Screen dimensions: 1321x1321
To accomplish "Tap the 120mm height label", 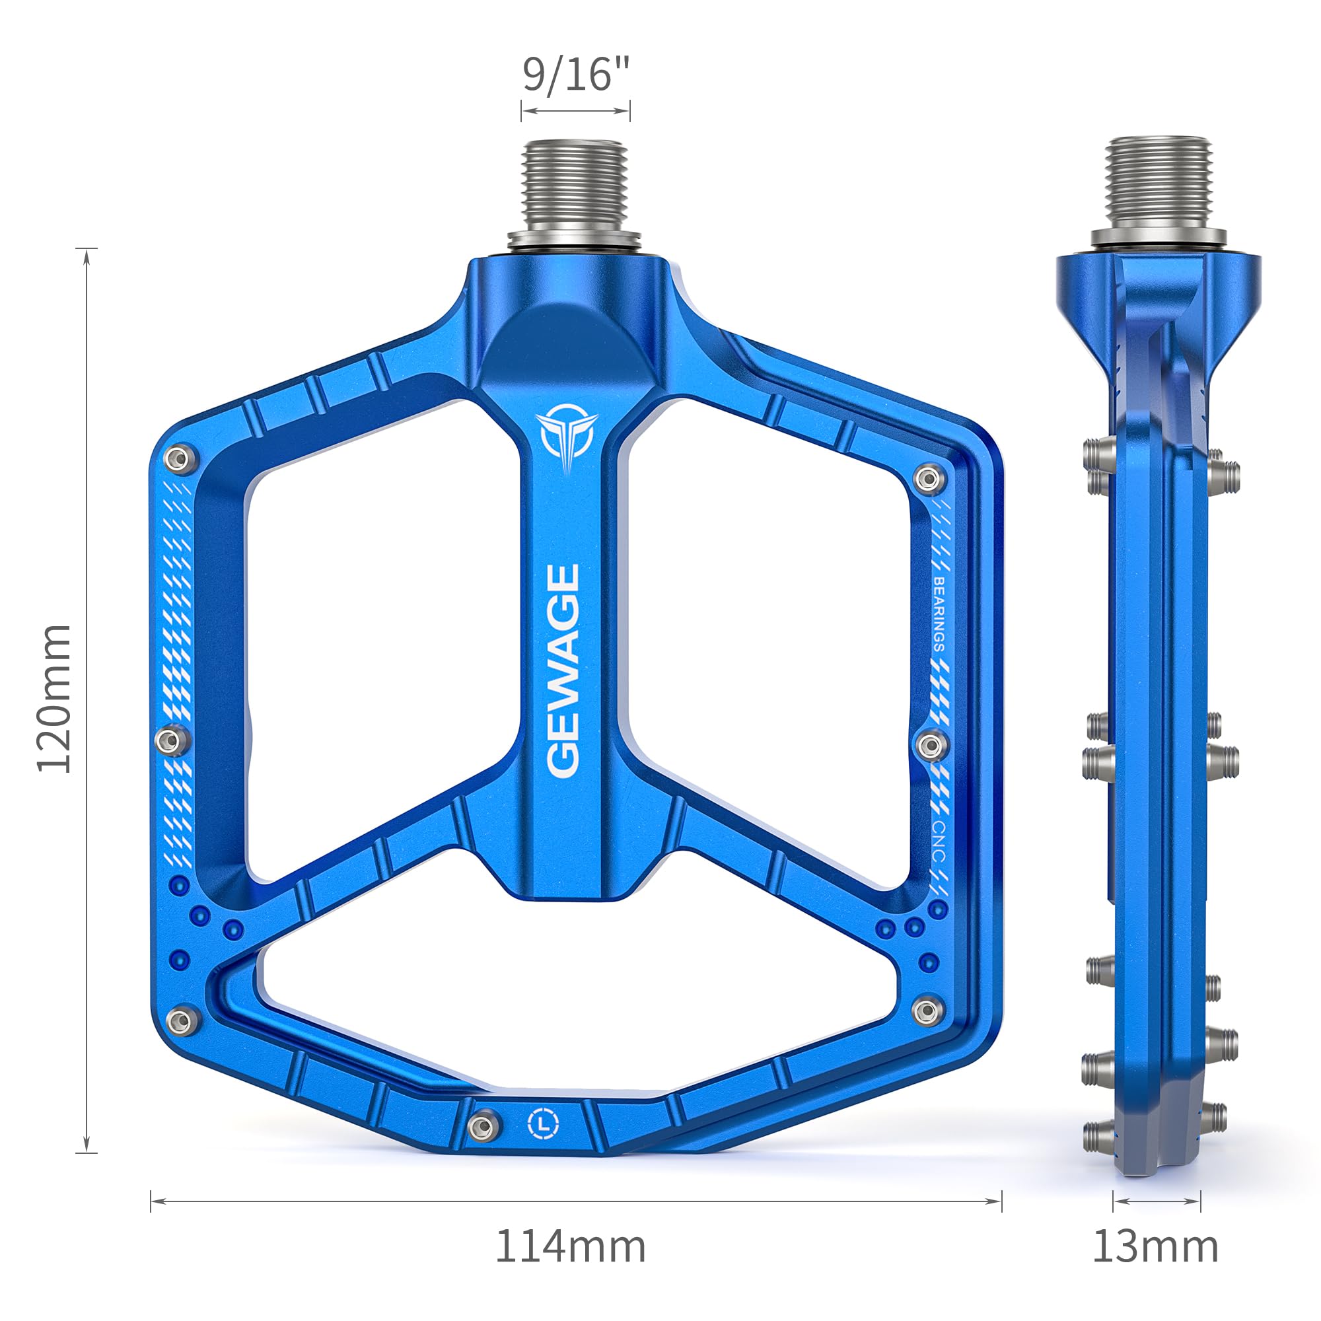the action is tap(55, 698).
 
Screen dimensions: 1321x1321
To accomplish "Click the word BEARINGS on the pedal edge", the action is tap(939, 614).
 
